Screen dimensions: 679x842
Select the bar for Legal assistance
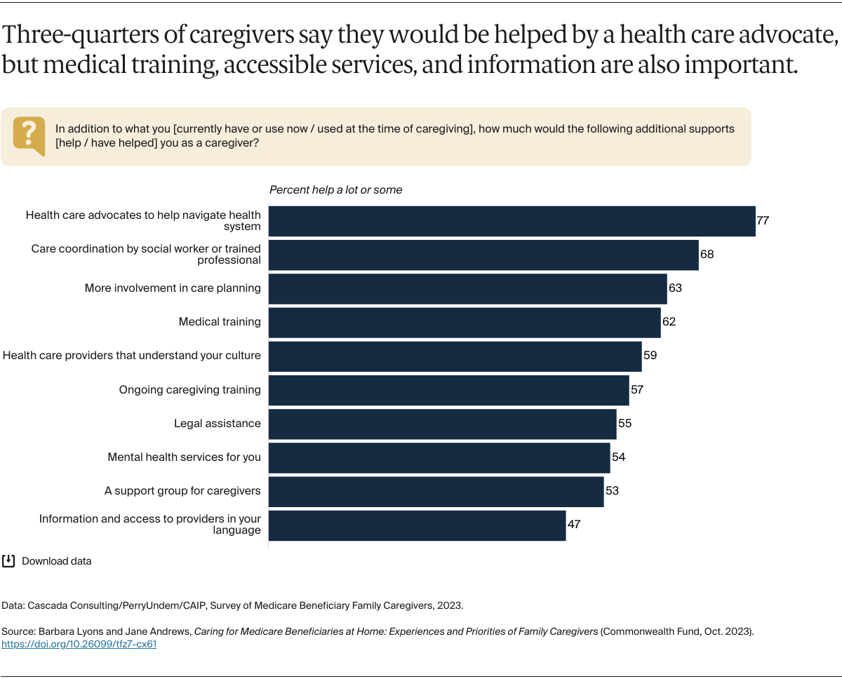(442, 424)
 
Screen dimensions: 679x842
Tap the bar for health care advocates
(512, 221)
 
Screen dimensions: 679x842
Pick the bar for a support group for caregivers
(436, 491)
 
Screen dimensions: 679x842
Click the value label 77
(763, 220)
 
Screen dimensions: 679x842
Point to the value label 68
(707, 254)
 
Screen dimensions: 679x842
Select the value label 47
(574, 524)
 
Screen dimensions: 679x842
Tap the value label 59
(650, 356)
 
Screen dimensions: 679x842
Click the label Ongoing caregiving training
(189, 390)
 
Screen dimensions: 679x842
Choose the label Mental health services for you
(184, 457)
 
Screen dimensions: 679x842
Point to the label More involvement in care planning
(173, 288)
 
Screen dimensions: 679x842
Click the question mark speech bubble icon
(29, 135)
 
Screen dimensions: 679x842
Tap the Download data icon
(9, 561)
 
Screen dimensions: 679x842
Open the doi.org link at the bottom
(79, 644)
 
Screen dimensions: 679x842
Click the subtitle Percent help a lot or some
(335, 190)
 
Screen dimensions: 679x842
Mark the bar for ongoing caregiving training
(448, 390)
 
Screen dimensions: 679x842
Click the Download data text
(57, 561)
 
